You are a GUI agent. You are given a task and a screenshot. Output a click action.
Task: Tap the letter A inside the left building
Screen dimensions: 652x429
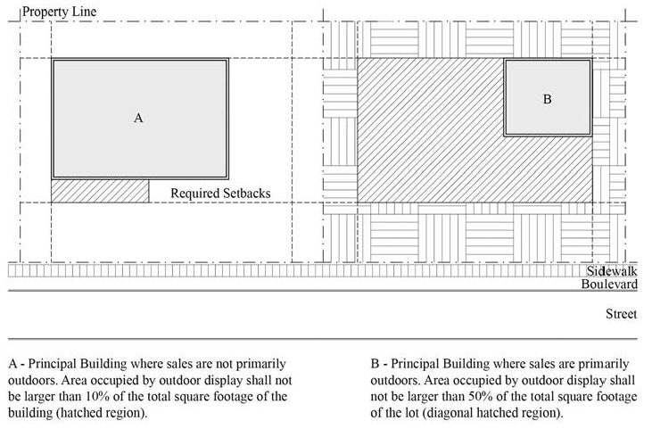tap(138, 117)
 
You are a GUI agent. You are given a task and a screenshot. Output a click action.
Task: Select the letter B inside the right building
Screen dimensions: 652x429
tap(547, 99)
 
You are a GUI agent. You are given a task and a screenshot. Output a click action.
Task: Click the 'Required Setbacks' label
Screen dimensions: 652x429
tap(220, 193)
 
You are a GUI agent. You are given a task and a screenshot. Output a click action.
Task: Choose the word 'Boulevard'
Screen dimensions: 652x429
tap(609, 285)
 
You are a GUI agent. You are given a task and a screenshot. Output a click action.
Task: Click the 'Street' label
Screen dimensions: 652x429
tap(622, 314)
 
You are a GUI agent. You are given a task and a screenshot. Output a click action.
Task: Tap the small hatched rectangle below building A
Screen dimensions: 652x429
tap(100, 190)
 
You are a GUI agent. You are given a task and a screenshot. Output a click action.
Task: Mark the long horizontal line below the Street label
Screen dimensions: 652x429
tap(321, 340)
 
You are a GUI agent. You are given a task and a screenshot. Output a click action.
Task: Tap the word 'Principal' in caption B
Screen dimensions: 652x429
tap(417, 364)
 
